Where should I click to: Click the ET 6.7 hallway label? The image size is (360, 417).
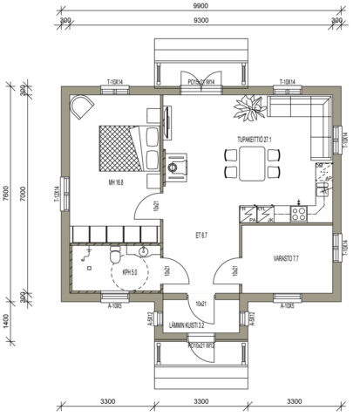point(200,236)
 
